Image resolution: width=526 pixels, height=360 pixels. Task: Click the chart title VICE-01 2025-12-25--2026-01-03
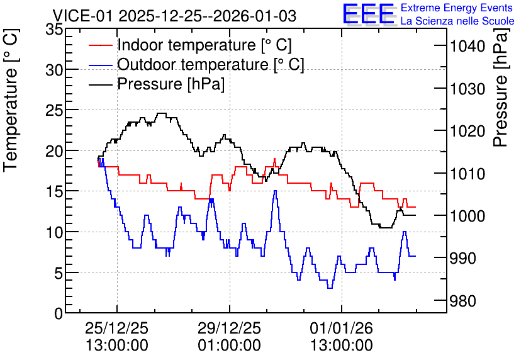coord(174,16)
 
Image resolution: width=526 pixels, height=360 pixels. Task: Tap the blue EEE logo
coord(369,14)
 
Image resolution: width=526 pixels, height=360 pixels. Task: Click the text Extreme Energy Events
coord(457,8)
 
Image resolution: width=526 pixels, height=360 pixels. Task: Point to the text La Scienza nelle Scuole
coord(457,21)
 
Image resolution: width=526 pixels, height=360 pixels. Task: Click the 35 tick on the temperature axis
coord(54,30)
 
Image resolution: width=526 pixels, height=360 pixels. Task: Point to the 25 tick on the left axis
coord(54,110)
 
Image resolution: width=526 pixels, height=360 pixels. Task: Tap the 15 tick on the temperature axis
coord(54,191)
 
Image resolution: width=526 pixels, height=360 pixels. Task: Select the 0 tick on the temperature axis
coord(59,313)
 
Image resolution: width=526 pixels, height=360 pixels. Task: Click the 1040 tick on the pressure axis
coord(467,46)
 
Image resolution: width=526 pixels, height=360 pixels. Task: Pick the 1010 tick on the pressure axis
coord(467,174)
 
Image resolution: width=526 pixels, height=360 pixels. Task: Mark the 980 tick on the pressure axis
coord(463,301)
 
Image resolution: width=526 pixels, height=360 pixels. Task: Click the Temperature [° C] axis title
coord(11,100)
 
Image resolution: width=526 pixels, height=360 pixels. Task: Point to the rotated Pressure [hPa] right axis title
coord(501,87)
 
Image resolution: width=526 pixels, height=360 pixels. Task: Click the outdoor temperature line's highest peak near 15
coord(276,191)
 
